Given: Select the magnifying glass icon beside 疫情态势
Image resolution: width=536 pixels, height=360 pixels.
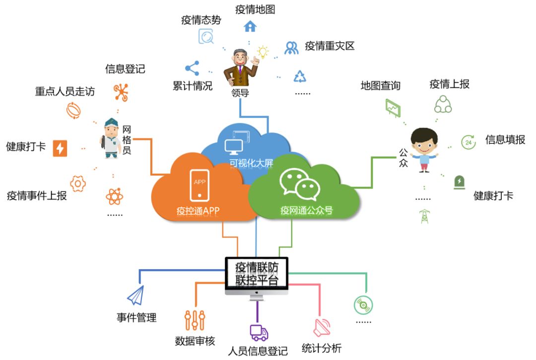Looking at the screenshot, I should (x=206, y=37).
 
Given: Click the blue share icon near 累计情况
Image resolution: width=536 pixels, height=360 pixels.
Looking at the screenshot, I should (x=192, y=68).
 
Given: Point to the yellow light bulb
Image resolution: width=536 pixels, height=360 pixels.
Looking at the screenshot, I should (x=262, y=52).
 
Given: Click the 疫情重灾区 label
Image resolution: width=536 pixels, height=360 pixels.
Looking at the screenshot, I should (x=330, y=46).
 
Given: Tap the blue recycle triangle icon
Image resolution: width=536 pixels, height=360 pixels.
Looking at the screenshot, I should (x=300, y=76).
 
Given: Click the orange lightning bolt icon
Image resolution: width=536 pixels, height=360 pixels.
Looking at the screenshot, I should (x=60, y=148).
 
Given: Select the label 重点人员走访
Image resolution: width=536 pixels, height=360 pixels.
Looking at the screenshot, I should (x=65, y=92).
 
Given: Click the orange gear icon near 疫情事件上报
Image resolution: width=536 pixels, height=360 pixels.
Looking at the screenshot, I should (x=78, y=183).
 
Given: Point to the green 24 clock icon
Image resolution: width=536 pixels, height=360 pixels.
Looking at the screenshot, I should (x=469, y=142).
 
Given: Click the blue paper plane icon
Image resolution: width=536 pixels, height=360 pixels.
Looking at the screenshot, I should (x=135, y=296).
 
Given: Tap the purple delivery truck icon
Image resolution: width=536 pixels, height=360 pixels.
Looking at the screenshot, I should (x=259, y=333).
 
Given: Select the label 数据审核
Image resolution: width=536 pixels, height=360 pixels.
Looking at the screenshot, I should (x=195, y=341).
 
